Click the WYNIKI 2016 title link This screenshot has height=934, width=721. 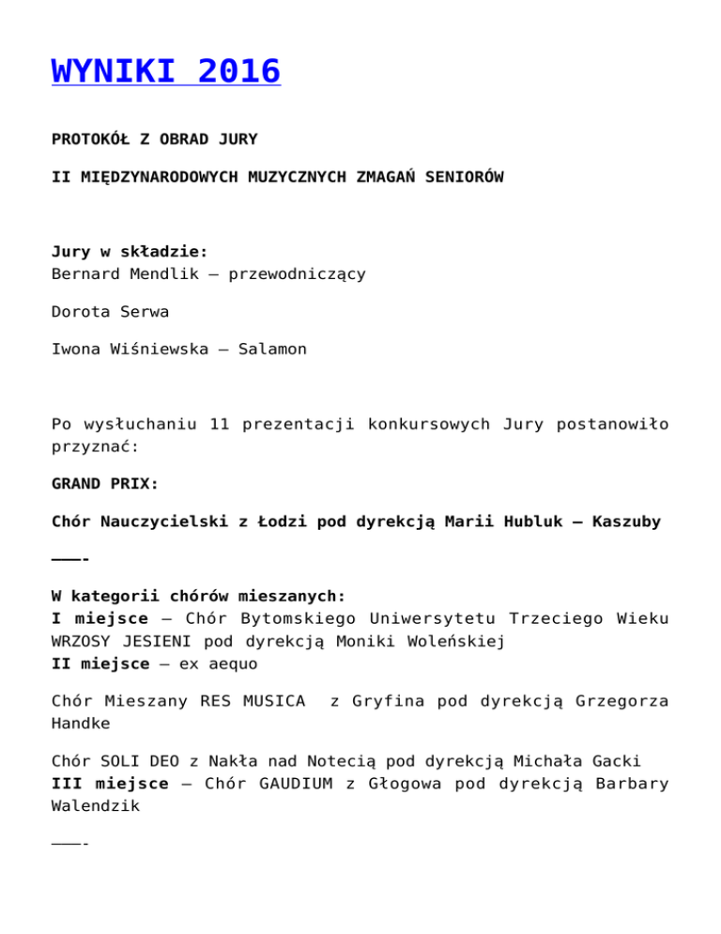coord(166,70)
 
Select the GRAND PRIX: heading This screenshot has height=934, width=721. coord(105,485)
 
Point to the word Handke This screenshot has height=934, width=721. coord(82,724)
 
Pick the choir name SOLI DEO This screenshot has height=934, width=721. coord(138,761)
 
